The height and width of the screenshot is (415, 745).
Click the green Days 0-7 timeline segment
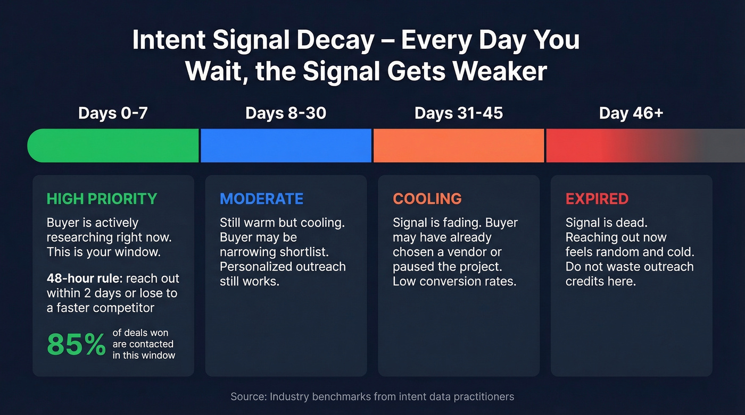[113, 145]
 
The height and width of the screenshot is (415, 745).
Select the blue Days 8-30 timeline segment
[286, 145]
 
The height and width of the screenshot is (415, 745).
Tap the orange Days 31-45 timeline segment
[459, 145]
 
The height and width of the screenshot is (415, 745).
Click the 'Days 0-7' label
[113, 113]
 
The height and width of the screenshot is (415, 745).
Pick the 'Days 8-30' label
[286, 113]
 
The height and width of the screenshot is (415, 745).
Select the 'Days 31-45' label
[459, 113]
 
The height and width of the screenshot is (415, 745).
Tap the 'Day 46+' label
[631, 113]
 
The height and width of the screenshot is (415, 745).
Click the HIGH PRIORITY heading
[102, 199]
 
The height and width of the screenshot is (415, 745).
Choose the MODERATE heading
[261, 199]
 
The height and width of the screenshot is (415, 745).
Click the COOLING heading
[427, 199]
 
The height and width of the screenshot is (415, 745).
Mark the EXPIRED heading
[597, 199]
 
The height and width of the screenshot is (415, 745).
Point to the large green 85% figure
[77, 345]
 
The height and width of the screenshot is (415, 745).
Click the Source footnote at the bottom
[372, 396]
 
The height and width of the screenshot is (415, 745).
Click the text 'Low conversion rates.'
[454, 281]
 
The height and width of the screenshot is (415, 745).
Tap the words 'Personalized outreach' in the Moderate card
[283, 266]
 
